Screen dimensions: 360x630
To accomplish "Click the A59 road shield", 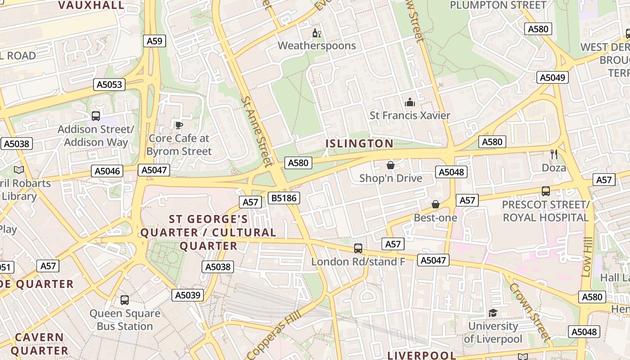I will click(155, 41).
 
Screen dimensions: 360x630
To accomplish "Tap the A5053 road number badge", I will click(109, 85).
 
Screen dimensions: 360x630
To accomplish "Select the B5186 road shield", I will click(283, 198).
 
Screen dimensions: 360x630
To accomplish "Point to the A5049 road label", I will click(552, 77).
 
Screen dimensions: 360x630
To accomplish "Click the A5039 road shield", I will click(188, 295).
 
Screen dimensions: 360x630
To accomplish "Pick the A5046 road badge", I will click(107, 171).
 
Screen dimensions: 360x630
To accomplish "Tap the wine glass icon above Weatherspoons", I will click(317, 33).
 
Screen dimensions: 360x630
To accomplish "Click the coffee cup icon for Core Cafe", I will click(179, 125).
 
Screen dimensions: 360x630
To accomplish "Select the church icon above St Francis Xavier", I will click(409, 103).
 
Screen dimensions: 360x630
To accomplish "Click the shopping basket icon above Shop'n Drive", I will click(390, 165).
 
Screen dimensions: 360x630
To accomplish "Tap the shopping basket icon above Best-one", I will click(435, 204).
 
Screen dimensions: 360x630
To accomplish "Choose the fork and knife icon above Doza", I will click(553, 154).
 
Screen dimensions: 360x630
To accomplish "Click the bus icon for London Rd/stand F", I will click(358, 248).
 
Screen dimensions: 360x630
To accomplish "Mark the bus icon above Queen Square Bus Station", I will click(125, 300).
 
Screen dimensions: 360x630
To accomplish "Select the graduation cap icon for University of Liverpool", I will click(493, 313).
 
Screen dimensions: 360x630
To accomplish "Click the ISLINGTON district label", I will click(359, 144).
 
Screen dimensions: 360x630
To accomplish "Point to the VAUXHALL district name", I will click(91, 5).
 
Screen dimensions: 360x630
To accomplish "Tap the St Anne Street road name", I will click(257, 130).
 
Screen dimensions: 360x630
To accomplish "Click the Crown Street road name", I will click(530, 312).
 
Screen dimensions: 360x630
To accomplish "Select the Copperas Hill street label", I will click(274, 335).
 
